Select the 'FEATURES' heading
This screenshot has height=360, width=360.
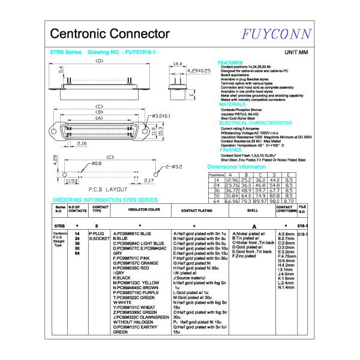coord(230,62)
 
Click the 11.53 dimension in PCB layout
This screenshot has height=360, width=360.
coord(71,180)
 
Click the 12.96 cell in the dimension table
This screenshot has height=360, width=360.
coord(231,180)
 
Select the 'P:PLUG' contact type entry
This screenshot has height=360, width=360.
coord(96,233)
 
